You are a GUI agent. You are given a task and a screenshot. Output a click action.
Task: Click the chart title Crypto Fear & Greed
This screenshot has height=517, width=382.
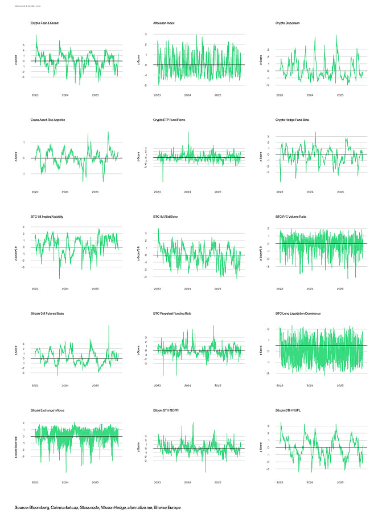click(44, 23)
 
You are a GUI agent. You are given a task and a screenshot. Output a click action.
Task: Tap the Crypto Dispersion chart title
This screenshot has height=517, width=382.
click(287, 23)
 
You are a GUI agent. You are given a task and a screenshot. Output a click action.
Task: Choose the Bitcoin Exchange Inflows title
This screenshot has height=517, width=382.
click(51, 410)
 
